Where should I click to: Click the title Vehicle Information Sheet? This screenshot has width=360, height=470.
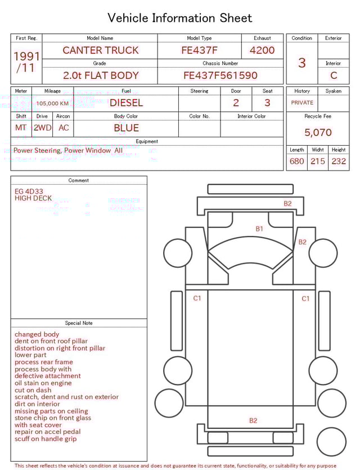pyautogui.click(x=179, y=18)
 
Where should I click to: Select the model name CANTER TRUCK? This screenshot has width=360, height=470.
pyautogui.click(x=101, y=50)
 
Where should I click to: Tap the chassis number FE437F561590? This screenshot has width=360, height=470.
pyautogui.click(x=220, y=75)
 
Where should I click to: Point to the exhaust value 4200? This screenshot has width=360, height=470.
pyautogui.click(x=262, y=50)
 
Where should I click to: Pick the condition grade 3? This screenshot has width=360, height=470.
pyautogui.click(x=302, y=63)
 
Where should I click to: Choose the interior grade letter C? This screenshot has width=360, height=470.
pyautogui.click(x=334, y=75)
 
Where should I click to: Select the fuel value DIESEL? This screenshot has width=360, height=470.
pyautogui.click(x=126, y=103)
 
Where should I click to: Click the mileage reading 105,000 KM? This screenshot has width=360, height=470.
pyautogui.click(x=52, y=104)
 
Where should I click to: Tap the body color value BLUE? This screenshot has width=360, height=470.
pyautogui.click(x=126, y=128)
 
